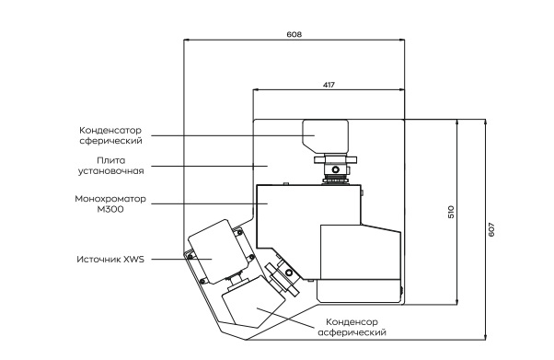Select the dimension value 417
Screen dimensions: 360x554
(x=329, y=84)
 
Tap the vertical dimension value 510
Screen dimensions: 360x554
(x=451, y=212)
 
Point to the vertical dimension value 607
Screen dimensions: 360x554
(x=494, y=229)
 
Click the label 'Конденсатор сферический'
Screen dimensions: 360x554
(x=110, y=135)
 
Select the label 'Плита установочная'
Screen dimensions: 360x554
(x=109, y=165)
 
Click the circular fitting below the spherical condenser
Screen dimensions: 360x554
(x=337, y=168)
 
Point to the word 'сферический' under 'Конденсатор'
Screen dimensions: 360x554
(x=110, y=141)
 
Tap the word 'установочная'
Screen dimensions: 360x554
(x=109, y=170)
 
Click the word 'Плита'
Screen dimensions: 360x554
(x=109, y=158)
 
